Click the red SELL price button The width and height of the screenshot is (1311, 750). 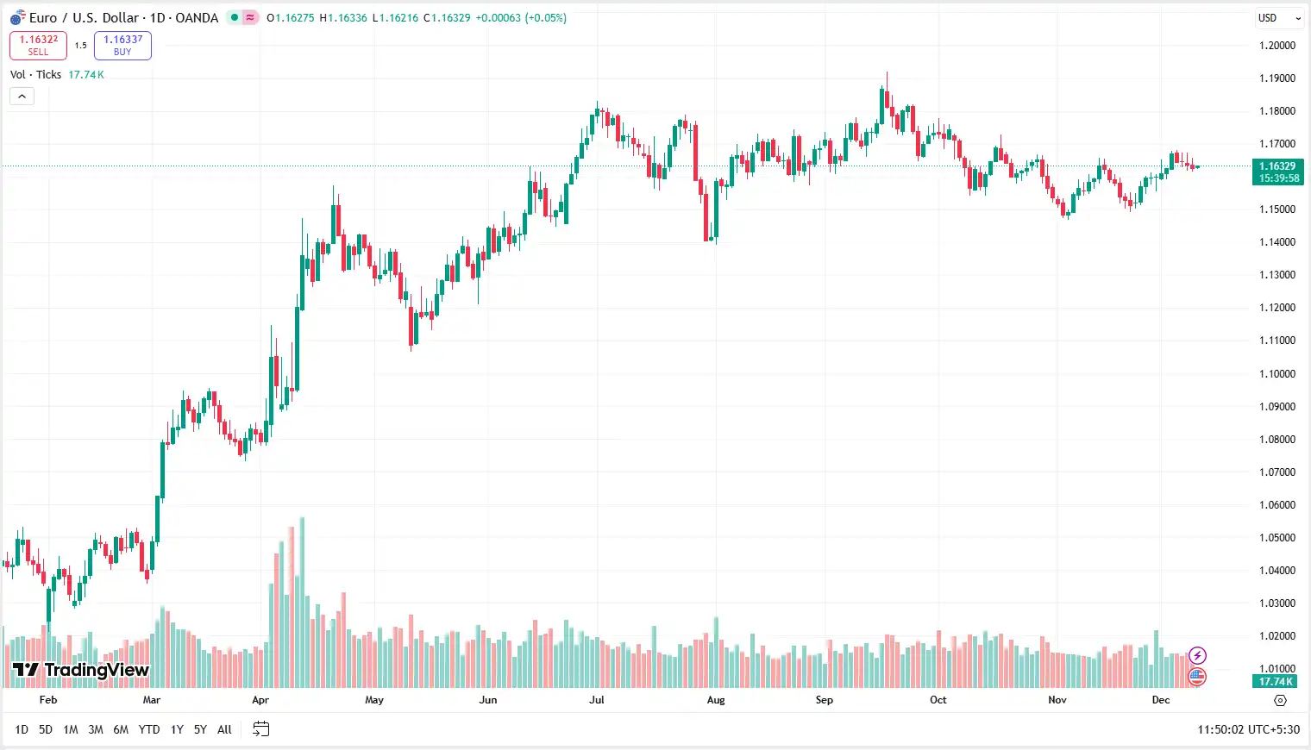pos(38,45)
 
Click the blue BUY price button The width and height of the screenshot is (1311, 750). pos(122,45)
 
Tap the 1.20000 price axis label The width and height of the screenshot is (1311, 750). pos(1276,46)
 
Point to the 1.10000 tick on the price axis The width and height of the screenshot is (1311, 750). pos(1276,374)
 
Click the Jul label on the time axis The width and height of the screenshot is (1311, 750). pos(597,700)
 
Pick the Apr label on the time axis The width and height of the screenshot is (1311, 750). pos(260,700)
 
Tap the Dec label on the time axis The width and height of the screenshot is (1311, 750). pos(1161,700)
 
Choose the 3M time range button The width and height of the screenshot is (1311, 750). pos(96,729)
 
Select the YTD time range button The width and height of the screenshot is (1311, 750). pos(149,729)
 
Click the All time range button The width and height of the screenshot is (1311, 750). pos(224,729)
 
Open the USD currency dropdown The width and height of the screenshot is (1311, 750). pos(1278,18)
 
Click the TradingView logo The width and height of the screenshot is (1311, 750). pos(81,670)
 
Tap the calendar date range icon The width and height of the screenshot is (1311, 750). pos(260,729)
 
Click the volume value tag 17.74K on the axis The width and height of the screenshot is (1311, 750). pos(1275,681)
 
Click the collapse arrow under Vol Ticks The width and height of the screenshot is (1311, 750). pos(22,97)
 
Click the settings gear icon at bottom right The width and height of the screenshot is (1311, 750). pos(1280,700)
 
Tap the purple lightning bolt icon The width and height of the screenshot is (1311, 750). pos(1197,656)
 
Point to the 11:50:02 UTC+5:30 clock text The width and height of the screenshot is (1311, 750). pos(1248,729)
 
